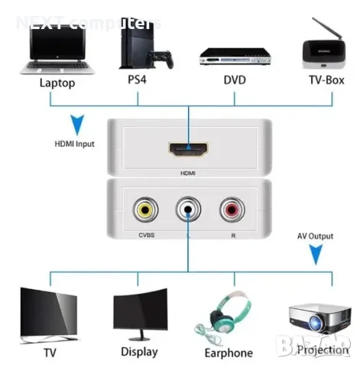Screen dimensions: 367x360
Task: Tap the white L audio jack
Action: (187, 209)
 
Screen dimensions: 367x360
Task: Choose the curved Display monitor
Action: (139, 314)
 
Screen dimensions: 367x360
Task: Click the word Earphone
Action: (229, 352)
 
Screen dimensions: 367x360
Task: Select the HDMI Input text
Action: (74, 143)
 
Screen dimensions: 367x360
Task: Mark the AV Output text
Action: (314, 236)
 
